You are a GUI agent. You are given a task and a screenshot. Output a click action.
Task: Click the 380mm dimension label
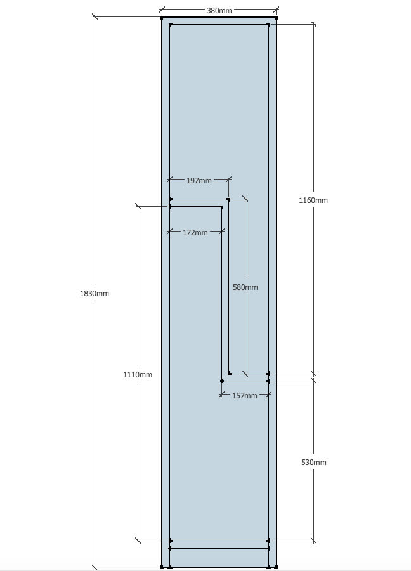(219, 10)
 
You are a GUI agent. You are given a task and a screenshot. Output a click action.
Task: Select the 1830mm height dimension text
(95, 294)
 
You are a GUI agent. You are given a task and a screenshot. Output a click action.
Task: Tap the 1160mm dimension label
(313, 200)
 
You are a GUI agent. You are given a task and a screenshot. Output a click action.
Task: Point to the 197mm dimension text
(199, 181)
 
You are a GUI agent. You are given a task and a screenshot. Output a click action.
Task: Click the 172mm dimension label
(195, 233)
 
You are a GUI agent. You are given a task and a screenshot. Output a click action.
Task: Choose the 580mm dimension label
(245, 287)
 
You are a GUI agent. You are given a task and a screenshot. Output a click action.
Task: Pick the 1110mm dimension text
(138, 375)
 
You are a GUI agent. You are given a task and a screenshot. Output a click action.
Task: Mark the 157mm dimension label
(245, 396)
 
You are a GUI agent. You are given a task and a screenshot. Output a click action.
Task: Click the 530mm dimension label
(313, 463)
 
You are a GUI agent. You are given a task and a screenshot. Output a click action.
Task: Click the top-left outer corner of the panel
(162, 17)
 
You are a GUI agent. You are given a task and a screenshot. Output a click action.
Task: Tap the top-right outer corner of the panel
(276, 17)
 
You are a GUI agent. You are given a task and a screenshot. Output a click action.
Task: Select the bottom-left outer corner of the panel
(162, 567)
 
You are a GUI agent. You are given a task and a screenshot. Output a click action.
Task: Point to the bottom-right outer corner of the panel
(276, 567)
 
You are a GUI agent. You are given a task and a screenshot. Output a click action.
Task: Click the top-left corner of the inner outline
(171, 25)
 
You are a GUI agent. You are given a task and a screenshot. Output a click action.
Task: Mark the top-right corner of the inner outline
(268, 25)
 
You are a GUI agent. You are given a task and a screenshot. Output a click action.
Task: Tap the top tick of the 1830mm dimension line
(95, 16)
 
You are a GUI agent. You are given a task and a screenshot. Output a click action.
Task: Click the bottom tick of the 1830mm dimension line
(95, 567)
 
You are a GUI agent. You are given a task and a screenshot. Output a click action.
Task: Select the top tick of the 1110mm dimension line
(138, 206)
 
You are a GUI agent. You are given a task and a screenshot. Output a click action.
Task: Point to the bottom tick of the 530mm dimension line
(313, 541)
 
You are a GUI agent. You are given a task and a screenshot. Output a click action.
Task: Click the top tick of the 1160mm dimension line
(313, 25)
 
